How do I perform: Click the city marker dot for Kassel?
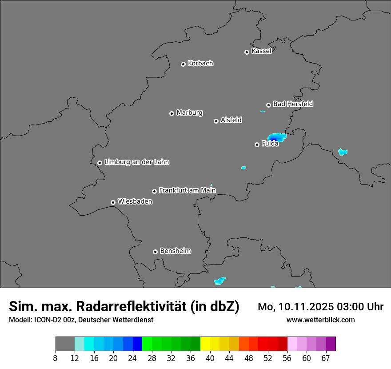click(247, 52)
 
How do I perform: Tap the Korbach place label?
click(200, 64)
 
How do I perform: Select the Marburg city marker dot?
click(172, 113)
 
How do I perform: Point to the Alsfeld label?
click(231, 120)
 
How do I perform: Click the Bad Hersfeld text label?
click(293, 104)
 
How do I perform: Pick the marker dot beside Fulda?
click(257, 144)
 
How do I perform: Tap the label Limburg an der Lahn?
click(136, 162)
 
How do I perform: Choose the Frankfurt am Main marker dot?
click(154, 191)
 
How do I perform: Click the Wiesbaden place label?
click(135, 202)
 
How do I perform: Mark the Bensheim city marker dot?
click(155, 252)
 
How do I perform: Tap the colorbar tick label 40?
click(210, 358)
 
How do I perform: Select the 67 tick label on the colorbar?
click(326, 358)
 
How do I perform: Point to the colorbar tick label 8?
click(56, 358)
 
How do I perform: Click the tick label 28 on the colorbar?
click(152, 358)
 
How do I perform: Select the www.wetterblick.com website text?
click(320, 320)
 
